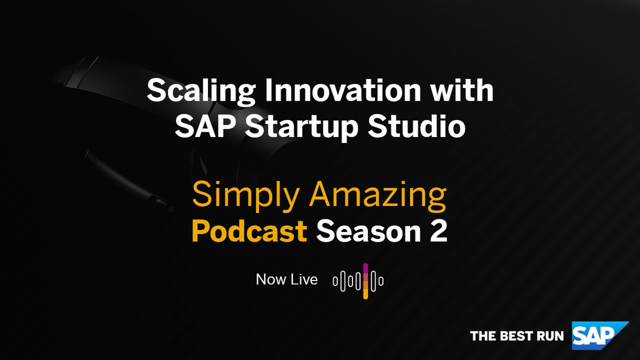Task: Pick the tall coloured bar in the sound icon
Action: (365, 281)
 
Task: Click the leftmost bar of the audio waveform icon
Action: (335, 281)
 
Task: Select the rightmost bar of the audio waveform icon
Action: (381, 281)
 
